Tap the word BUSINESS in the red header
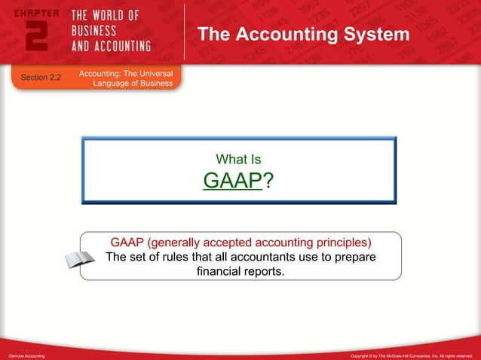point(94,31)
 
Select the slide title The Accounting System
point(303,35)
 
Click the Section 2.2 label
point(41,78)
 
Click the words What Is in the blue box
point(238,159)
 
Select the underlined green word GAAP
point(232,182)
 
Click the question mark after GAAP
point(267,182)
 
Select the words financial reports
point(240,271)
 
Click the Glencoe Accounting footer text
point(27,354)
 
